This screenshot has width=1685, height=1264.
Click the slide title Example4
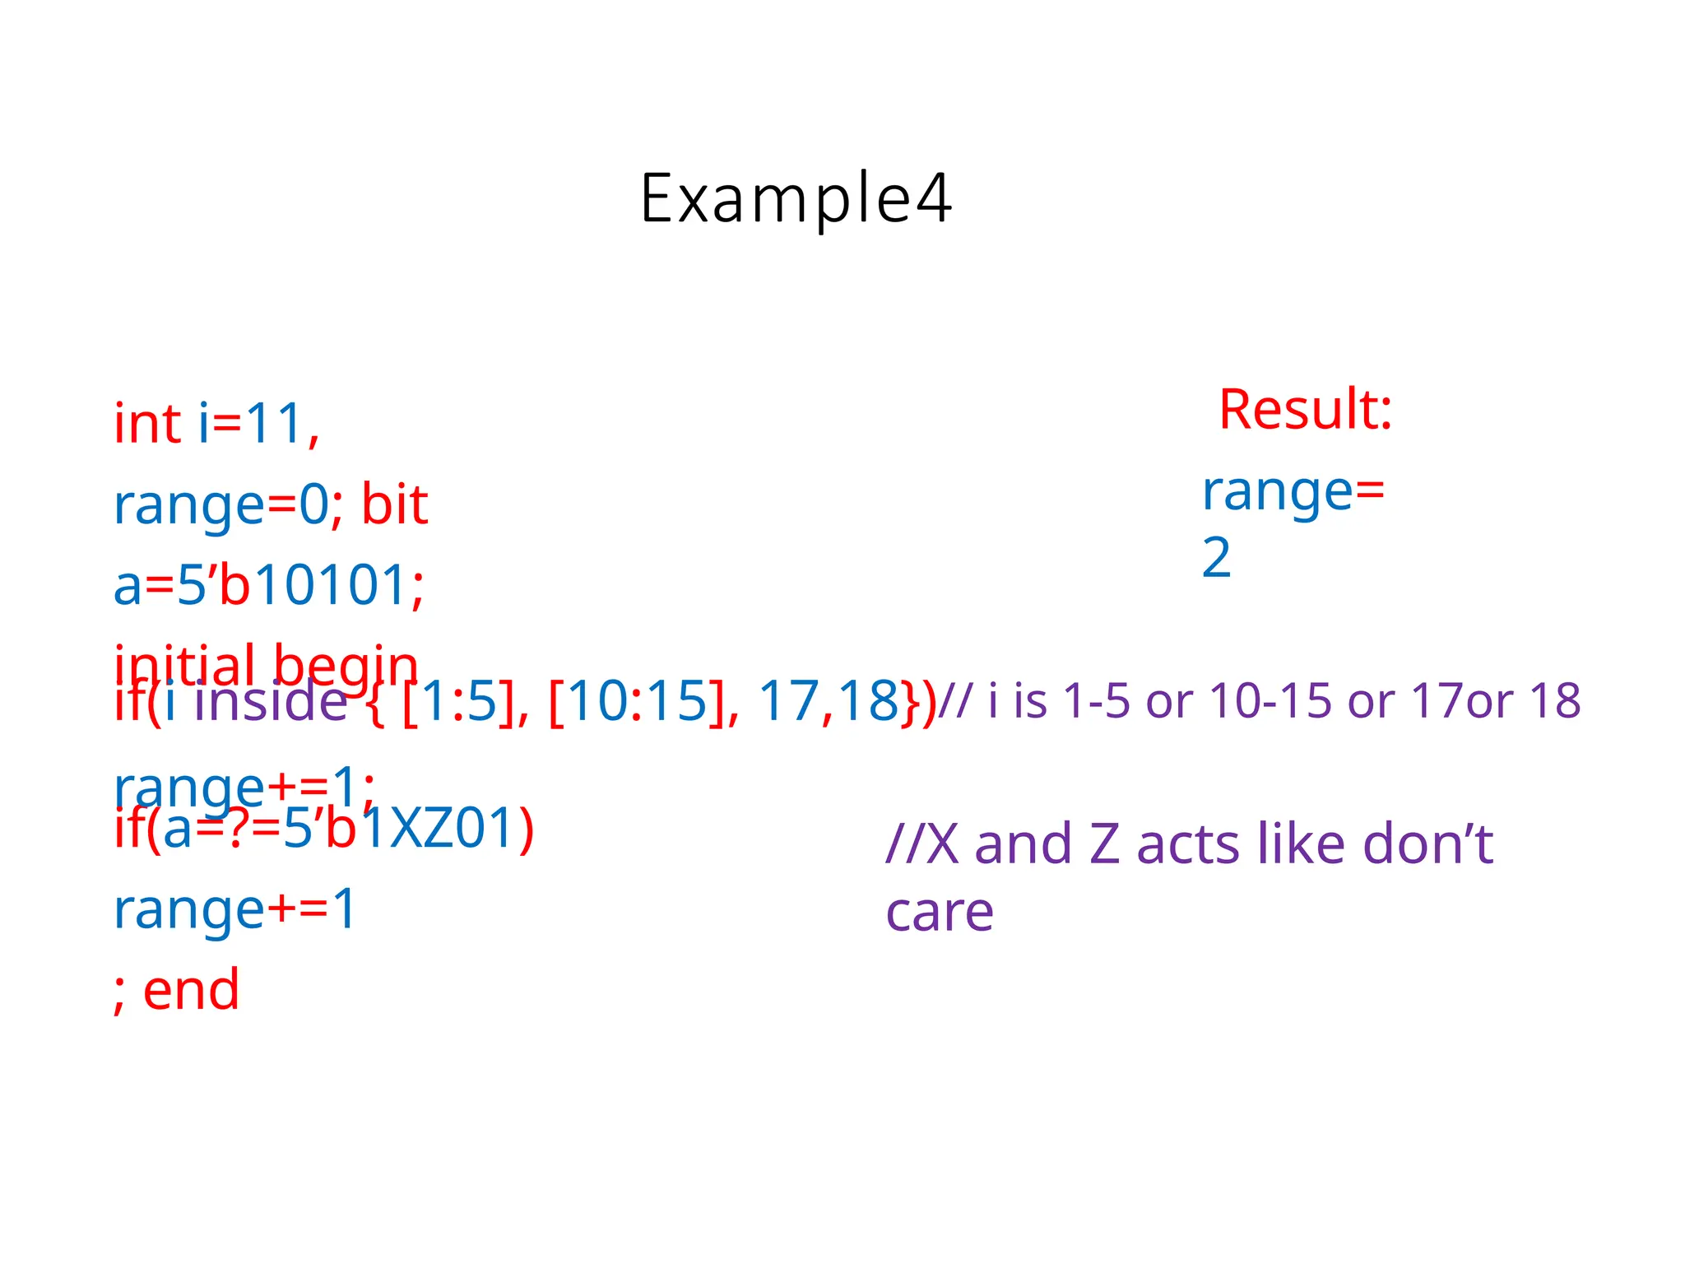click(x=796, y=198)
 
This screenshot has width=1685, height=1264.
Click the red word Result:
click(x=1305, y=409)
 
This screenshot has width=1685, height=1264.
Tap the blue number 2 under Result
click(x=1216, y=557)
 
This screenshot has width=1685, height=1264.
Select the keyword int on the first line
click(x=147, y=424)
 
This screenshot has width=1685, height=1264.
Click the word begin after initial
click(x=346, y=662)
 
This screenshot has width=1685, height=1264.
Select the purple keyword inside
click(x=271, y=701)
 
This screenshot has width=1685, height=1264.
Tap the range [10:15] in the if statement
click(x=638, y=702)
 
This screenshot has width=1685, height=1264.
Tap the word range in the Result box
click(x=1277, y=491)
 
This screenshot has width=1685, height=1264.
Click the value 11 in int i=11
click(x=275, y=424)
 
